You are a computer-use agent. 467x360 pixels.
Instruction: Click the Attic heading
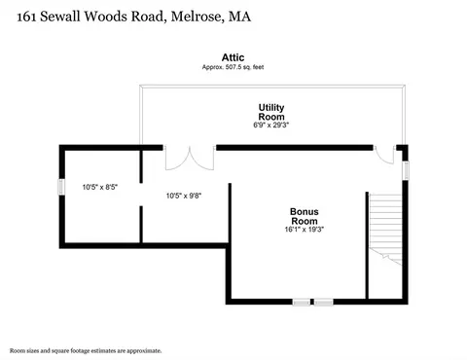(x=233, y=57)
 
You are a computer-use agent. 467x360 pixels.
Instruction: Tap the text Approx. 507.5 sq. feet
(x=233, y=67)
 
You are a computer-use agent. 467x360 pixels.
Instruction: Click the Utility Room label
(x=271, y=112)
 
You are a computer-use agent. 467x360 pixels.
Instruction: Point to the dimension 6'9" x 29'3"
(x=271, y=125)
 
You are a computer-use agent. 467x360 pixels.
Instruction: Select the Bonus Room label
(x=305, y=216)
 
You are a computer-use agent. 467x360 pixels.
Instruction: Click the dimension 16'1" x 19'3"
(x=305, y=230)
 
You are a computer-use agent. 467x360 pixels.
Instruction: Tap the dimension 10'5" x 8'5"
(x=100, y=187)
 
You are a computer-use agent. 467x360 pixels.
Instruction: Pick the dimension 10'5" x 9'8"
(x=184, y=196)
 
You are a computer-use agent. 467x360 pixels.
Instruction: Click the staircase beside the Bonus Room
(x=386, y=229)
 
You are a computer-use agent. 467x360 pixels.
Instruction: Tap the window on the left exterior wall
(x=61, y=187)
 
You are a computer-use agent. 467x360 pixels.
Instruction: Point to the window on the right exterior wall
(x=406, y=170)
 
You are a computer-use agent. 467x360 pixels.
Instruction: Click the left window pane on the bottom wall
(x=302, y=302)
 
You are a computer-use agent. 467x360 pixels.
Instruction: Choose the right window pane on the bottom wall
(x=323, y=302)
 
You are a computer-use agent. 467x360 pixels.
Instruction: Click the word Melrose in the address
(x=198, y=17)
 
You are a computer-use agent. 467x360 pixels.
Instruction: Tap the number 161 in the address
(x=26, y=17)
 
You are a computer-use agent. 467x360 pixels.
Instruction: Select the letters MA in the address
(x=239, y=17)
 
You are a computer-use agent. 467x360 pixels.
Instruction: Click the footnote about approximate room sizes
(x=86, y=350)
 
